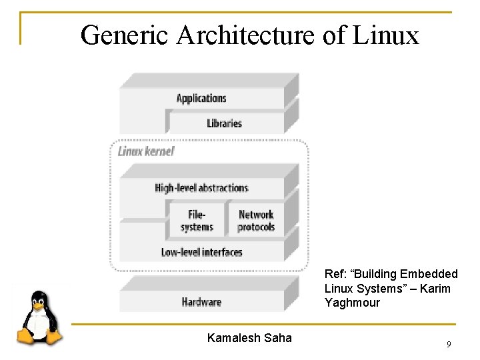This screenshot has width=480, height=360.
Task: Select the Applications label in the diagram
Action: (201, 99)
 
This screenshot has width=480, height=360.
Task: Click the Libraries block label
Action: (224, 123)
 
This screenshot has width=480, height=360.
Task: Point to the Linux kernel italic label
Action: (146, 151)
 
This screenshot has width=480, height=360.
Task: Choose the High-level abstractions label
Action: (201, 188)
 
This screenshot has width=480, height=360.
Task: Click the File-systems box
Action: (197, 221)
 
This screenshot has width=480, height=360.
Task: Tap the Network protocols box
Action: (256, 221)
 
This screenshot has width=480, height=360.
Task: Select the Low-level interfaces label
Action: (201, 252)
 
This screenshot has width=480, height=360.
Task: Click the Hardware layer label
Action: (201, 302)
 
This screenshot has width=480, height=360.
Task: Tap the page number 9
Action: (449, 345)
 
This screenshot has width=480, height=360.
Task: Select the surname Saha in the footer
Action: (279, 338)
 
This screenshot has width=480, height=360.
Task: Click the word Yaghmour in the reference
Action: (352, 303)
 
